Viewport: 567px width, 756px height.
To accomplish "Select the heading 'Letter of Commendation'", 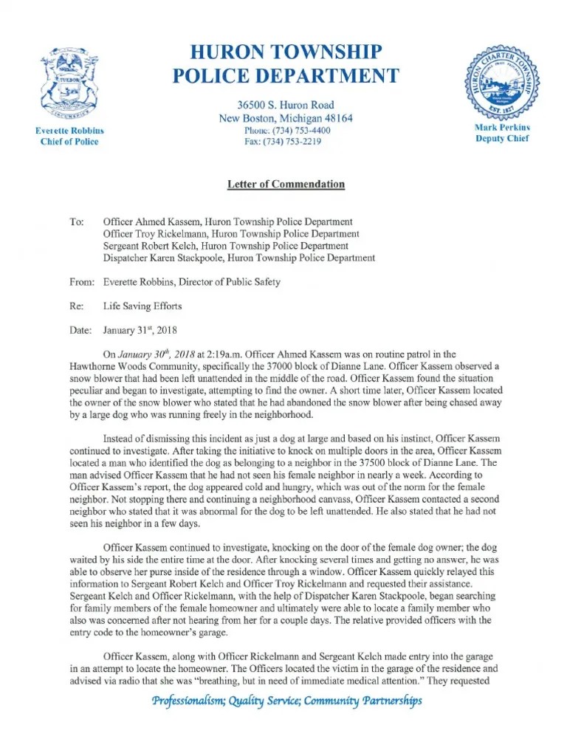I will pyautogui.click(x=286, y=184).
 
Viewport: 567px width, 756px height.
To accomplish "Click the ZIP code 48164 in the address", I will pyautogui.click(x=337, y=118).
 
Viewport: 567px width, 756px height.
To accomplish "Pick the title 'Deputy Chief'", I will pyautogui.click(x=504, y=139).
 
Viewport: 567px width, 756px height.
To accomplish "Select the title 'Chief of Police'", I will pyautogui.click(x=69, y=142).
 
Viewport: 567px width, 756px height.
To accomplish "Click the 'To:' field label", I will pyautogui.click(x=77, y=221).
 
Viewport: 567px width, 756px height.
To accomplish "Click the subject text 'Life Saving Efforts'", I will pyautogui.click(x=142, y=306).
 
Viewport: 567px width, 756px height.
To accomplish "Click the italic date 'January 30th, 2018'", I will pyautogui.click(x=157, y=354).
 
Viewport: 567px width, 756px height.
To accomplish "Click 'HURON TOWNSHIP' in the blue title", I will pyautogui.click(x=286, y=52).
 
